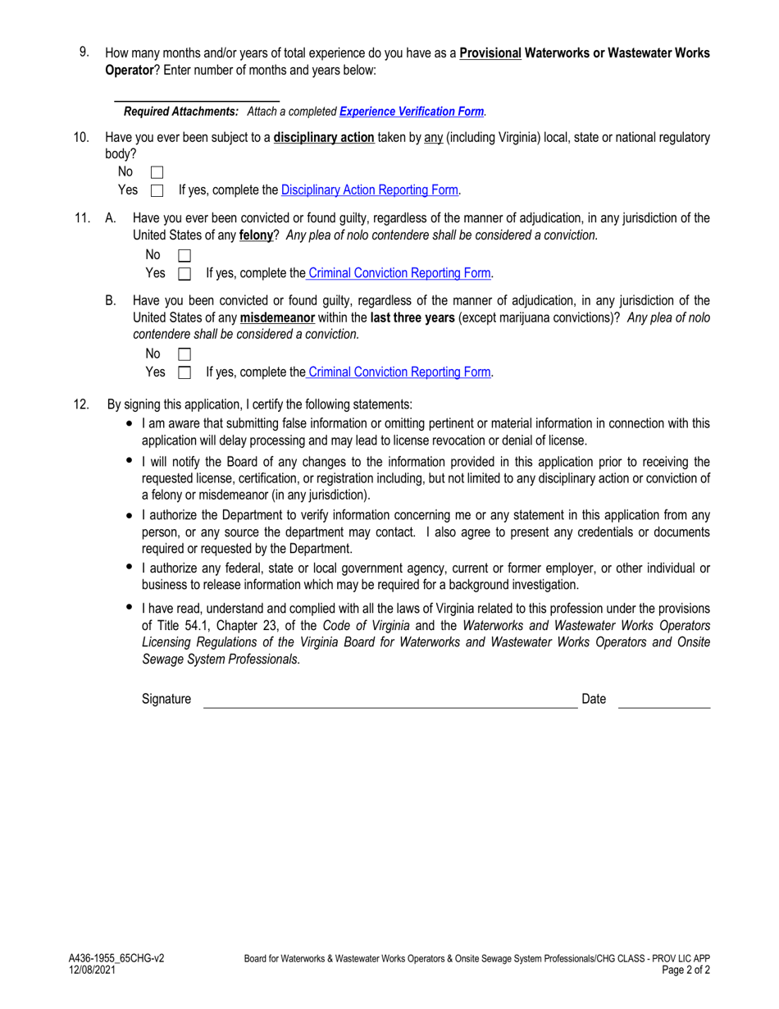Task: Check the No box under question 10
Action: coord(157,172)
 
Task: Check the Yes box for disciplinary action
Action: coord(157,191)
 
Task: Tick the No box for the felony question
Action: coord(184,256)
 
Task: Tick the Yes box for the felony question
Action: coord(184,274)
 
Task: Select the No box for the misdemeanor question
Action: coord(184,354)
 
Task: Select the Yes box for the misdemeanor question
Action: coord(184,372)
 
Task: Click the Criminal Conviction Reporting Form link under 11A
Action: coord(398,273)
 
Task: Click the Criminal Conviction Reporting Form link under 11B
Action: coord(398,372)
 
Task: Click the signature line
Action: coord(389,702)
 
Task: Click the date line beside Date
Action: coord(663,702)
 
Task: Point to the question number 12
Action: coord(81,404)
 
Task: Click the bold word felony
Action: coord(255,235)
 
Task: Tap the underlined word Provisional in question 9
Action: coord(490,53)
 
